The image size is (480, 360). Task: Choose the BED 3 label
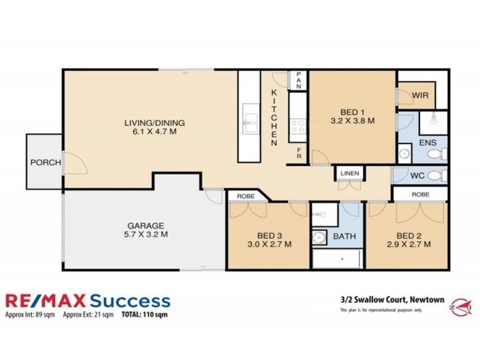(270, 240)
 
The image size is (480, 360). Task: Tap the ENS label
(427, 143)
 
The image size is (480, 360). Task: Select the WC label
(418, 176)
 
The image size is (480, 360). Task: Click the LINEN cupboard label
(350, 174)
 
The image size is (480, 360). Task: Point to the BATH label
(344, 236)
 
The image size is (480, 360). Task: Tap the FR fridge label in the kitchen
(299, 155)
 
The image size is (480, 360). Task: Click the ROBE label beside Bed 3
(246, 196)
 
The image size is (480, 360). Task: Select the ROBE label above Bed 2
(420, 194)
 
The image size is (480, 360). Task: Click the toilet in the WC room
(439, 175)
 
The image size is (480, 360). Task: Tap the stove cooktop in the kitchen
(298, 126)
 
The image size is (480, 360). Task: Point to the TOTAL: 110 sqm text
(140, 314)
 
